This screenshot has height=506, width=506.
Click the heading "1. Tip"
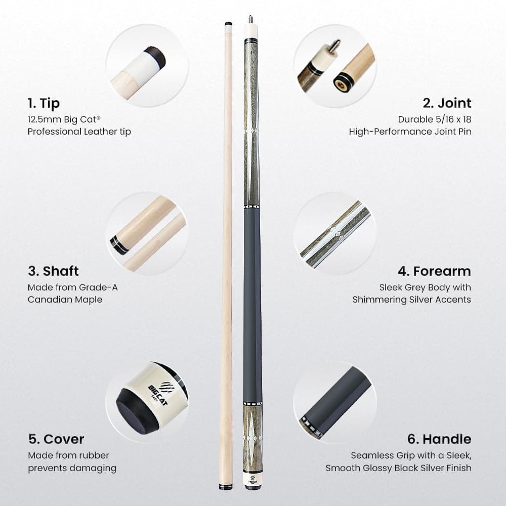[44, 104]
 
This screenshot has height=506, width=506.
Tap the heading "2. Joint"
[447, 103]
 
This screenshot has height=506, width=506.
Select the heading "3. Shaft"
[53, 271]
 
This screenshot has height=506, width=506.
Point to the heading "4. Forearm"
[434, 271]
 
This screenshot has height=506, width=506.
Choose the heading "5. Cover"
[56, 439]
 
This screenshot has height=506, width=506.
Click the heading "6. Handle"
[439, 439]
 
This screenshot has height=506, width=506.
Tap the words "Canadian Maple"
[65, 300]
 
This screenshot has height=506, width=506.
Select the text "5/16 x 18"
[449, 119]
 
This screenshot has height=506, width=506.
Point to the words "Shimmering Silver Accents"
[411, 300]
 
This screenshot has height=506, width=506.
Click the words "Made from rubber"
[68, 455]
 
